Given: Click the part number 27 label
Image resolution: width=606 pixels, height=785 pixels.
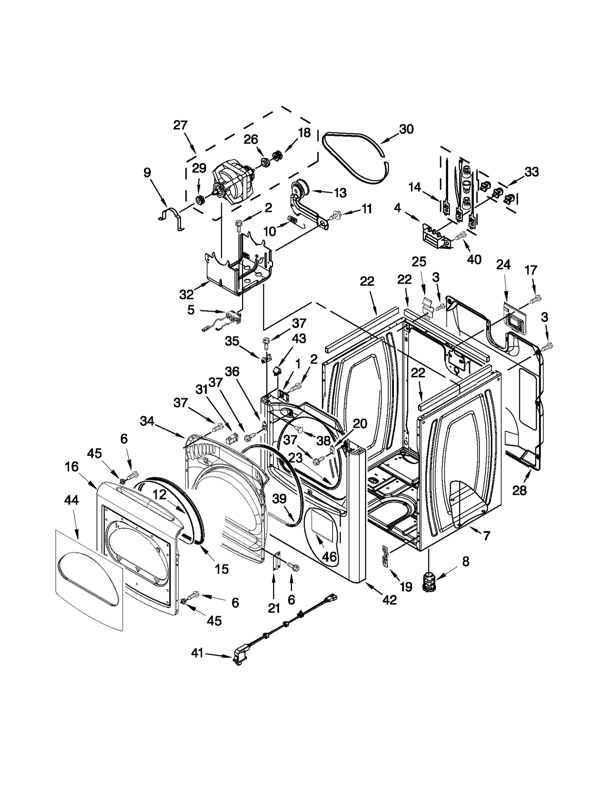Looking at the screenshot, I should (180, 125).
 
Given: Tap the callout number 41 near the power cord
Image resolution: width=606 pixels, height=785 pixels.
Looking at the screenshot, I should (197, 653).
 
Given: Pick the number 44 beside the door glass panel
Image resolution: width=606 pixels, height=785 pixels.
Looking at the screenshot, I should (71, 500).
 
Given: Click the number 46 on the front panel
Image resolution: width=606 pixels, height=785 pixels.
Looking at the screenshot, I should (329, 557).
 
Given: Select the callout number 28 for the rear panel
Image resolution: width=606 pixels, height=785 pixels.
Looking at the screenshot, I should (519, 490).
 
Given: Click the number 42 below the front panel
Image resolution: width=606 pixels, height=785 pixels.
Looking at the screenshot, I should (389, 600).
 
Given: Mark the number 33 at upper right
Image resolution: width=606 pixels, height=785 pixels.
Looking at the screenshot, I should (531, 172).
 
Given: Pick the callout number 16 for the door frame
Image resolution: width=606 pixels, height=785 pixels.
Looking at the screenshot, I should (71, 467).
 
